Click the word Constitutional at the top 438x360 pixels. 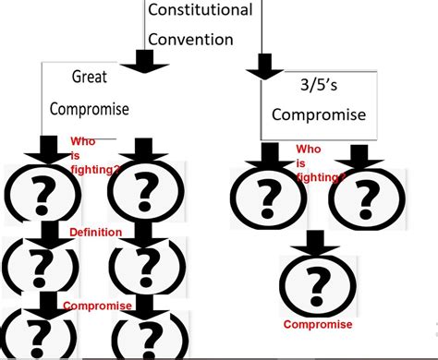[x=200, y=11]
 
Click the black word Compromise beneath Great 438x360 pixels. [x=91, y=109]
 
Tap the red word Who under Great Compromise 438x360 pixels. [x=82, y=142]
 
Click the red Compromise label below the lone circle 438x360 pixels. [x=318, y=324]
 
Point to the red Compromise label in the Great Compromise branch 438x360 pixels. [x=97, y=306]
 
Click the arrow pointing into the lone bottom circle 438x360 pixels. [x=317, y=243]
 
